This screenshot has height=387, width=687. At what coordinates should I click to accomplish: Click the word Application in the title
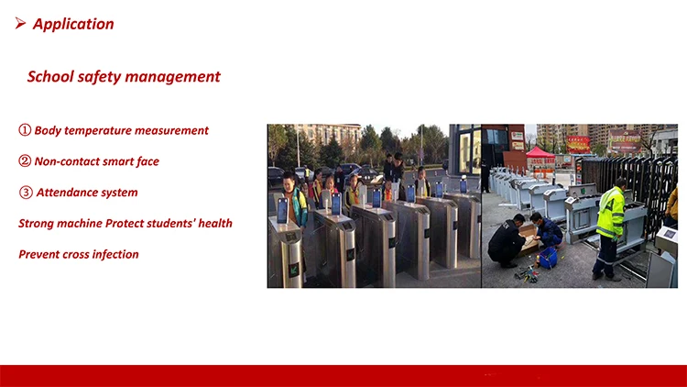pos(73,24)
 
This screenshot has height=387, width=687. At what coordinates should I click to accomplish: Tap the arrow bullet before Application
pos(20,23)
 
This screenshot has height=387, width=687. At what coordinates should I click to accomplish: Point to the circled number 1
pos(25,130)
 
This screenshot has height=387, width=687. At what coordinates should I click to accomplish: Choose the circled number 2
pos(25,161)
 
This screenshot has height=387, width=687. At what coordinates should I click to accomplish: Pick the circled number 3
pos(26,193)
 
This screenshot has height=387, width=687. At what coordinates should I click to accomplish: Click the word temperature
pos(98,131)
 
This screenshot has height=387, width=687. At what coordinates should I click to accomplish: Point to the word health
pos(215,223)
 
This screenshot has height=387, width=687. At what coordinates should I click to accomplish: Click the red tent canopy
pos(540,152)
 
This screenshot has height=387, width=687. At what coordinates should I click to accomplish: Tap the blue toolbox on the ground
pos(548,258)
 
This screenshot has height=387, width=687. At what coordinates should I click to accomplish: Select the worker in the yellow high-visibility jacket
pos(609,229)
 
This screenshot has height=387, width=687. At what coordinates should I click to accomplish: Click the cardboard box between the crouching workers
pos(529,239)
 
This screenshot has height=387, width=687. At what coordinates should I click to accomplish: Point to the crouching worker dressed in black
pos(507,240)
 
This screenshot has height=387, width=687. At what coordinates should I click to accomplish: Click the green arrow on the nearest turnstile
pos(293,269)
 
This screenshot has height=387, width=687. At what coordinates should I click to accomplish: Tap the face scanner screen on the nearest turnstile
pos(283,211)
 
